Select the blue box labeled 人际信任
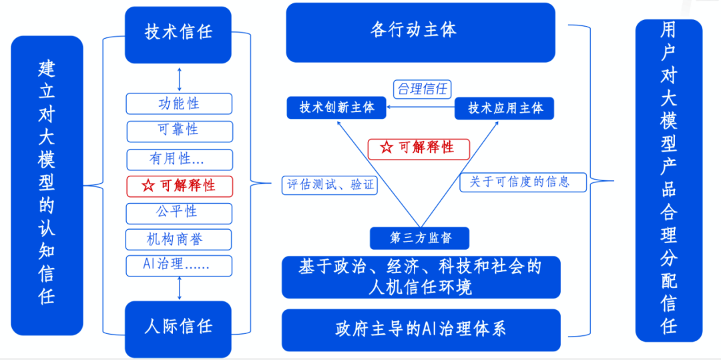pyautogui.click(x=178, y=328)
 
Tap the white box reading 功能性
pyautogui.click(x=179, y=104)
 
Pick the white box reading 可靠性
pyautogui.click(x=179, y=131)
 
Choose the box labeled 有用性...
pyautogui.click(x=179, y=160)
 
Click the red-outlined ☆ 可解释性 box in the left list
pyautogui.click(x=179, y=186)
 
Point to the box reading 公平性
pyautogui.click(x=179, y=212)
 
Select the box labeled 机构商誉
pyautogui.click(x=179, y=239)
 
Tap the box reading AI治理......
pyautogui.click(x=179, y=265)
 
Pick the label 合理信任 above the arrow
pyautogui.click(x=422, y=89)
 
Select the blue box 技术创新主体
pyautogui.click(x=336, y=108)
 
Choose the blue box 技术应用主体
pyautogui.click(x=504, y=108)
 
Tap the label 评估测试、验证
pyautogui.click(x=330, y=185)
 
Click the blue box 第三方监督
pyautogui.click(x=419, y=238)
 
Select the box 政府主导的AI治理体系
pyautogui.click(x=421, y=329)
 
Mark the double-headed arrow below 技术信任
pyautogui.click(x=179, y=79)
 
